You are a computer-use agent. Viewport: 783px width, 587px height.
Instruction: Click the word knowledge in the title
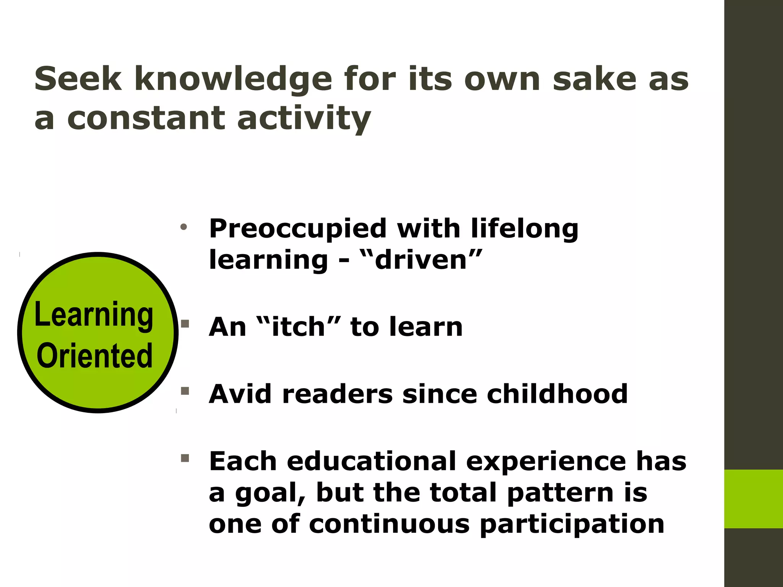[233, 79]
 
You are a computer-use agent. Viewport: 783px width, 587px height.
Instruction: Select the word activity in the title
[304, 118]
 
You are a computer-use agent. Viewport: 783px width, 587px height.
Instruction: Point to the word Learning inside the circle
[94, 315]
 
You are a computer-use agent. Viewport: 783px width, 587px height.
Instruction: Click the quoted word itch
[298, 327]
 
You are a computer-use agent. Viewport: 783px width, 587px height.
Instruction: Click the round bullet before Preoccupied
[184, 227]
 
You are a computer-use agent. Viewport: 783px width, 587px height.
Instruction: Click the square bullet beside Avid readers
[185, 391]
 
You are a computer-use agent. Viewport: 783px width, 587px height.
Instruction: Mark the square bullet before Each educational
[185, 458]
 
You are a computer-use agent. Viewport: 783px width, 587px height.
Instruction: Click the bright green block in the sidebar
[753, 499]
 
